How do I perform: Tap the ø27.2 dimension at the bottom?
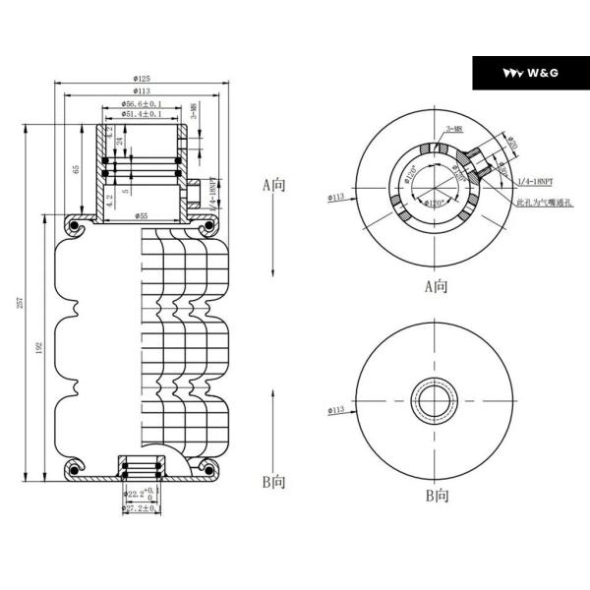click(140, 508)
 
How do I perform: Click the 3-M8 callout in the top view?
click(455, 129)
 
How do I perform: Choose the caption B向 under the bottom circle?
click(437, 497)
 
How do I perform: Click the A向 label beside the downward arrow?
click(272, 184)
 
